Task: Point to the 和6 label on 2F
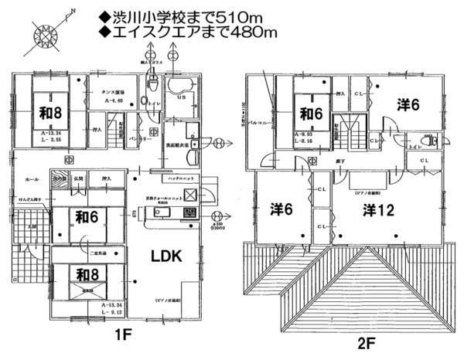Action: tap(312, 114)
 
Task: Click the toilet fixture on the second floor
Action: tap(431, 142)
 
